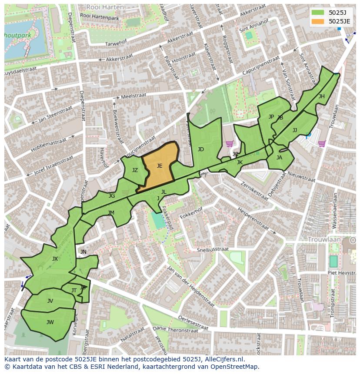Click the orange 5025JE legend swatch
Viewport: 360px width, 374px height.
[x=318, y=21]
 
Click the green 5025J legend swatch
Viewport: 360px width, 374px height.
[x=318, y=13]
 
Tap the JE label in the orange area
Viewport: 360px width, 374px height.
[x=160, y=166]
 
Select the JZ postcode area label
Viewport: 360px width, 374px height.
[x=135, y=170]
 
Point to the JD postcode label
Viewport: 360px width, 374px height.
[x=200, y=149]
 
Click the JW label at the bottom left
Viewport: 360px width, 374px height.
[x=50, y=322]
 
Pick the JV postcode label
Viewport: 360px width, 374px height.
[x=50, y=301]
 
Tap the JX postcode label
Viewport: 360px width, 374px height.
[x=55, y=259]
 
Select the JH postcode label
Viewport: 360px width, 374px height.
[x=321, y=96]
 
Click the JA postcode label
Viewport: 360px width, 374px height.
[x=279, y=158]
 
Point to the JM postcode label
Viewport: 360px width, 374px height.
[x=111, y=213]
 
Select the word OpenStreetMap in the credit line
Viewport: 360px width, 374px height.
[x=235, y=367]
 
